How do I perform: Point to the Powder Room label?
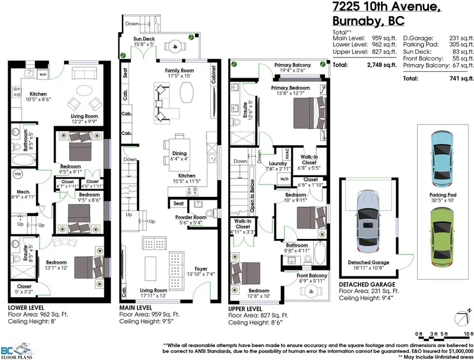190,217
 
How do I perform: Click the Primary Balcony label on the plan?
293,65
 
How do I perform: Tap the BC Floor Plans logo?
17,350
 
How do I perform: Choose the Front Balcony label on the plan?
312,276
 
